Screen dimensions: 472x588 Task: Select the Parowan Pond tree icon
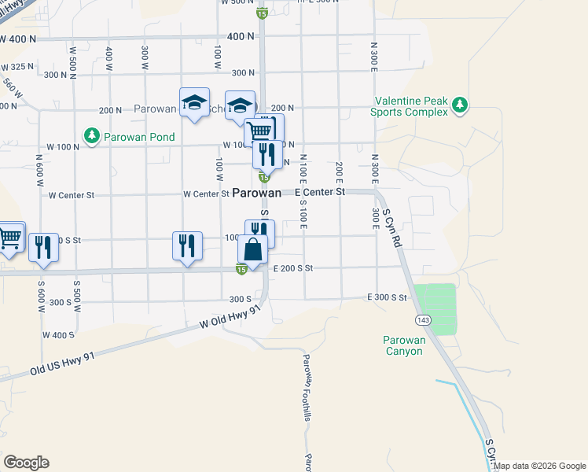92,136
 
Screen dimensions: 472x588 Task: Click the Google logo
26,463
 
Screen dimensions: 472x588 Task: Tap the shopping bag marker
252,250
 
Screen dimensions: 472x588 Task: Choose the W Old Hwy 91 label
230,318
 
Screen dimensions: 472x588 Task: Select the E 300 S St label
387,297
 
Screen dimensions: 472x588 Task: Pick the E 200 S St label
292,268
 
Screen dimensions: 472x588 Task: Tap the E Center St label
320,191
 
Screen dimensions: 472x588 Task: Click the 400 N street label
241,36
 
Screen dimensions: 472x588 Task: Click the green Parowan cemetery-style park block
435,309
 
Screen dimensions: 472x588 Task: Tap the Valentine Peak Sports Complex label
410,106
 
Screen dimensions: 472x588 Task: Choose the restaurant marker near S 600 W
44,249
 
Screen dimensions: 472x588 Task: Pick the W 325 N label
18,66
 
